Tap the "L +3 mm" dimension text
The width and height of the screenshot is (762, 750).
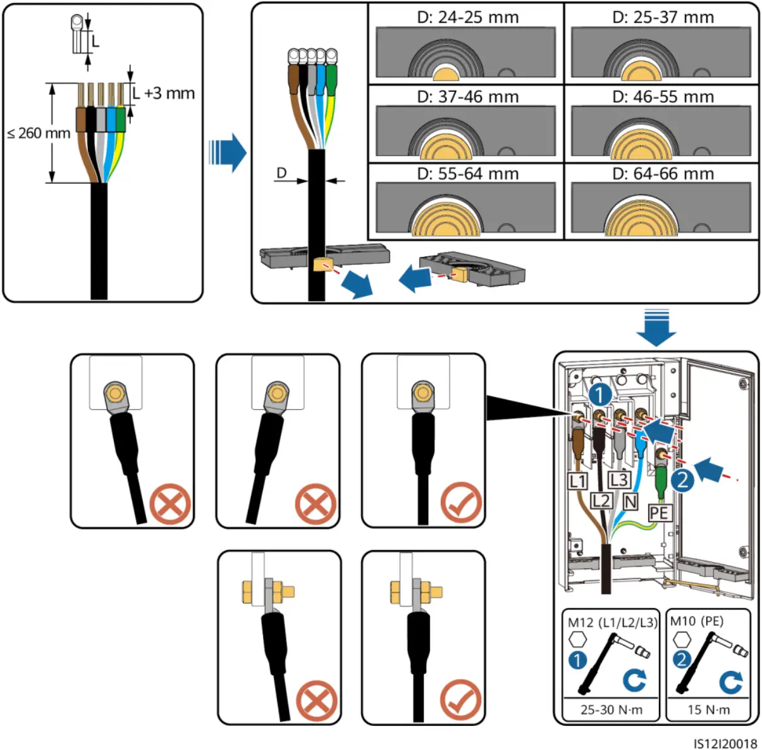pyautogui.click(x=164, y=94)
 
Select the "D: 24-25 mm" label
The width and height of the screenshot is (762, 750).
pyautogui.click(x=467, y=17)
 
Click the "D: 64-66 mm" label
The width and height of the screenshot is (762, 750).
pyautogui.click(x=663, y=173)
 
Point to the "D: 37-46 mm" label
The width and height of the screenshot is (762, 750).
pyautogui.click(x=467, y=97)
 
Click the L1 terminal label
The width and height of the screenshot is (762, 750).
pyautogui.click(x=577, y=481)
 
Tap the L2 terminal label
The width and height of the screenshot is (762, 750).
pyautogui.click(x=601, y=501)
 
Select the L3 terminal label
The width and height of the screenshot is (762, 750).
pyautogui.click(x=618, y=480)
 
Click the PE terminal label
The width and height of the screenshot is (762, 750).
pyautogui.click(x=659, y=512)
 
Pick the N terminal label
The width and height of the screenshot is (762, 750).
pyautogui.click(x=630, y=501)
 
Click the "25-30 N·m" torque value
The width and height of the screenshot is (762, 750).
pyautogui.click(x=611, y=709)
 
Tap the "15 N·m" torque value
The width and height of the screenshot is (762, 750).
pyautogui.click(x=708, y=709)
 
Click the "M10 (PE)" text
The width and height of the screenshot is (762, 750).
pyautogui.click(x=696, y=621)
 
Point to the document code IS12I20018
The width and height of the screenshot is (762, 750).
pyautogui.click(x=725, y=743)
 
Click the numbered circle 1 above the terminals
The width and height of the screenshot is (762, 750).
pyautogui.click(x=599, y=395)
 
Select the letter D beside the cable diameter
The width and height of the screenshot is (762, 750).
pyautogui.click(x=281, y=173)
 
